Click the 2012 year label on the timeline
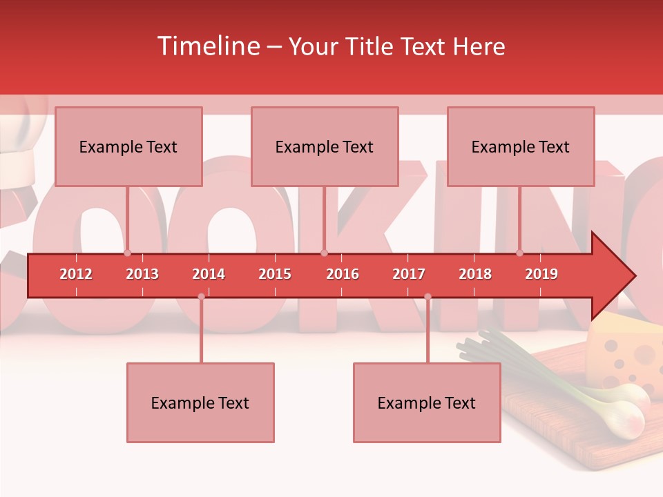pos(76,274)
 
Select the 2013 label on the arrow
pos(142,274)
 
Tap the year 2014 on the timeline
pos(209,274)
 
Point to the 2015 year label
pos(275,274)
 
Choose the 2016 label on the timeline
pos(343,274)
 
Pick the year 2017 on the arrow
pos(409,274)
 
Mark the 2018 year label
pos(475,274)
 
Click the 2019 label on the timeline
pos(541,274)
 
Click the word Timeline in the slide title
pos(207,46)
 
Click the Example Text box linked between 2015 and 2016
pos(325,146)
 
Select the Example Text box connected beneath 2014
pos(200,402)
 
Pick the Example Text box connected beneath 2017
pos(427,402)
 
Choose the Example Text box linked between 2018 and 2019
pos(521,146)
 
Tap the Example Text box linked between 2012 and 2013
pos(128,146)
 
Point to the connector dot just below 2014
pos(201,297)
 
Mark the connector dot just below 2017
pos(427,297)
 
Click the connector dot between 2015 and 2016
pos(325,253)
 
